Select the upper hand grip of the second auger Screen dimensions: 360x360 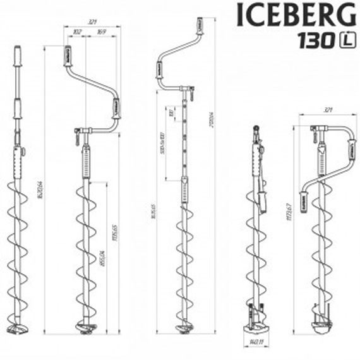69,56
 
